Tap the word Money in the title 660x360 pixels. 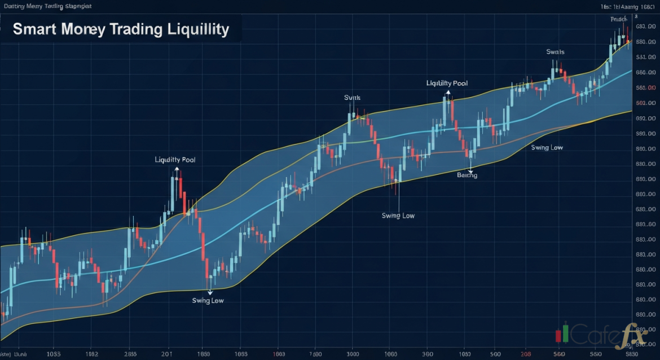pyautogui.click(x=83, y=29)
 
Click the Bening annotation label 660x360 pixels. pyautogui.click(x=467, y=175)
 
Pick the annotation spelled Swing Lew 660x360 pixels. pyautogui.click(x=208, y=301)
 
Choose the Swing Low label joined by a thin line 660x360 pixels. pyautogui.click(x=398, y=216)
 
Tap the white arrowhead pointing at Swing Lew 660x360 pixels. pyautogui.click(x=210, y=292)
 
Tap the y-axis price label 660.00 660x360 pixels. pyautogui.click(x=645, y=73)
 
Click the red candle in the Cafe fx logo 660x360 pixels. pyautogui.click(x=558, y=336)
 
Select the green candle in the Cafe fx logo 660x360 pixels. pyautogui.click(x=565, y=332)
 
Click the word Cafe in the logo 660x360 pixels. pyautogui.click(x=592, y=336)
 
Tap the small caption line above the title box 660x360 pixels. pyautogui.click(x=48, y=6)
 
